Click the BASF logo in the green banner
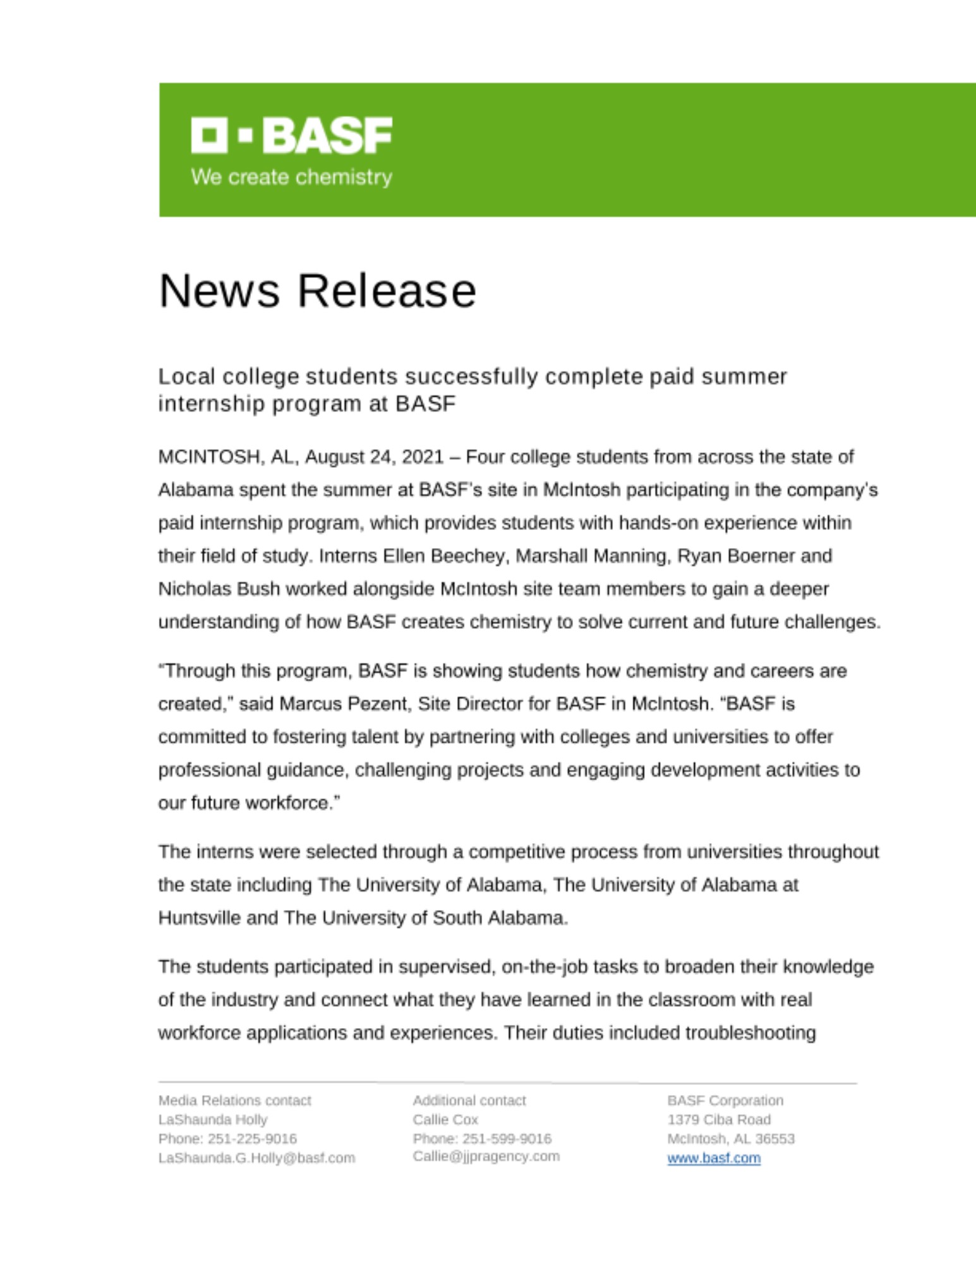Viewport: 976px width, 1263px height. (291, 135)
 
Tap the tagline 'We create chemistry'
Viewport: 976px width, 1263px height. (291, 177)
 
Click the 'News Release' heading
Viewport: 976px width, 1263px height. (317, 291)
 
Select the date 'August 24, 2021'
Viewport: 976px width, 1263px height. (375, 457)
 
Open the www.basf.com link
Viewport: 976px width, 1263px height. (714, 1158)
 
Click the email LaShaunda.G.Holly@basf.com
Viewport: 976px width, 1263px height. (256, 1158)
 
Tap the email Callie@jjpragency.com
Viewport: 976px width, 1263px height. (486, 1156)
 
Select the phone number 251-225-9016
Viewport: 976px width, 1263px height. (252, 1139)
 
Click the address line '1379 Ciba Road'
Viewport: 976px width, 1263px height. (719, 1120)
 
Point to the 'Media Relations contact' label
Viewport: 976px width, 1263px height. (234, 1101)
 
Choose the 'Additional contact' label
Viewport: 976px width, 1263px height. (469, 1101)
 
